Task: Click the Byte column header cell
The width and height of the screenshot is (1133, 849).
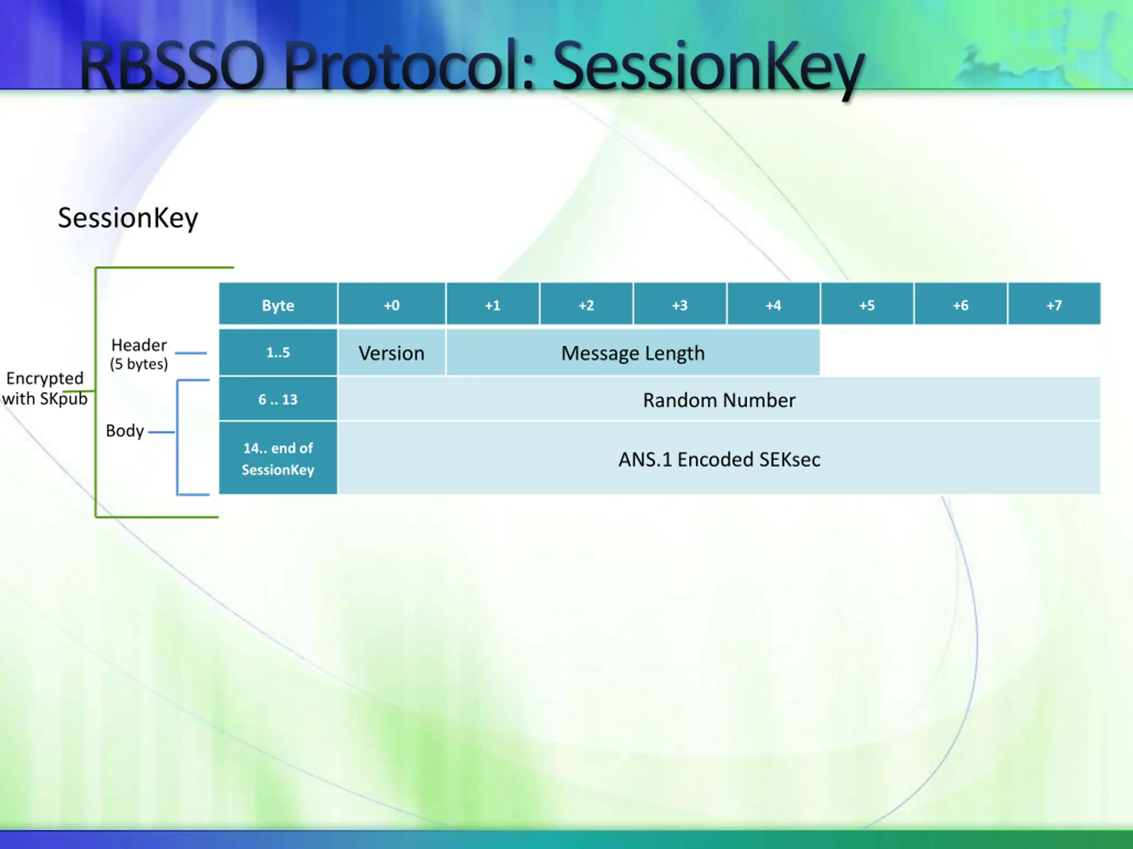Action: tap(278, 304)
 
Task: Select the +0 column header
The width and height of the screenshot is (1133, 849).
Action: tap(392, 304)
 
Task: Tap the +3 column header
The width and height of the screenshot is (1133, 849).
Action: tap(680, 304)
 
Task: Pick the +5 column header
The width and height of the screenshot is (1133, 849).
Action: tap(867, 304)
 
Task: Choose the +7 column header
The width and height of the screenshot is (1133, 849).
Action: tap(1054, 304)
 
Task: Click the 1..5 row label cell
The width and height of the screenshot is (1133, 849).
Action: tap(278, 352)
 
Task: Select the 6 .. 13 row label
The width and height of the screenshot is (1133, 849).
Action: tap(278, 399)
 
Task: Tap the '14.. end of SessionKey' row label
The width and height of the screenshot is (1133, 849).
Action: tap(278, 458)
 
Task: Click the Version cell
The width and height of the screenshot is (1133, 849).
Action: tap(392, 352)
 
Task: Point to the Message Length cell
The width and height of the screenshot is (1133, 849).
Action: tap(633, 352)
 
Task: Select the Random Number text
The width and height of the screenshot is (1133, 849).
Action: tap(719, 400)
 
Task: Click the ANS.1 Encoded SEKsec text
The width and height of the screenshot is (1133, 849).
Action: tap(719, 459)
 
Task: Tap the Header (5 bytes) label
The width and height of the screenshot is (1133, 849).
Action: tap(139, 354)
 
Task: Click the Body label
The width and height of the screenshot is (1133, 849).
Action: tap(124, 430)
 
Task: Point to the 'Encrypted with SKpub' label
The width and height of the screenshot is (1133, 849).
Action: tap(45, 388)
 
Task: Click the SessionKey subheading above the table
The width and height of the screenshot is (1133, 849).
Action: tap(127, 218)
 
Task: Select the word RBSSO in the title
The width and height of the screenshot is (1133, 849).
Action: tap(172, 66)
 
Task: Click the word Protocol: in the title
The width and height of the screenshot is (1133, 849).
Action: tap(409, 66)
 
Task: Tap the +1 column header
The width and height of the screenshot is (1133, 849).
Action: tap(493, 304)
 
